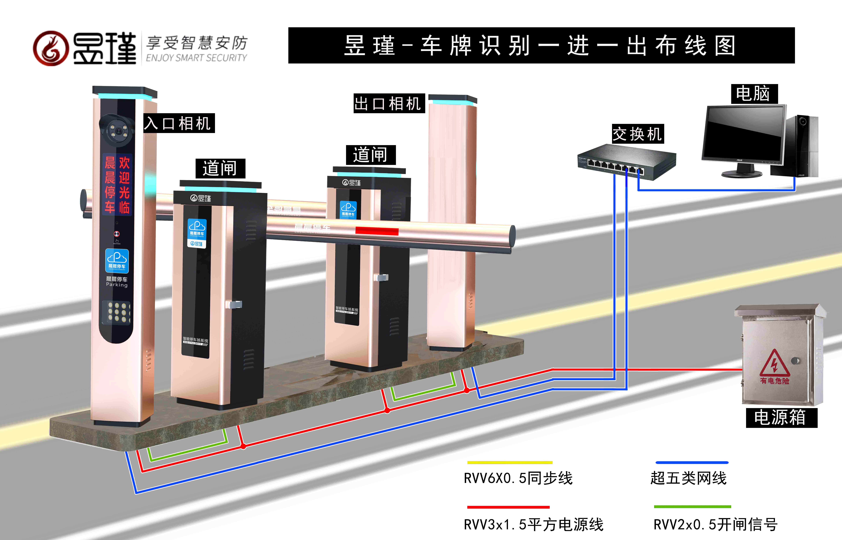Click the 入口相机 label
coord(179,123)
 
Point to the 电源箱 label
coord(781,417)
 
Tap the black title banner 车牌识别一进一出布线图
coord(541,46)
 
